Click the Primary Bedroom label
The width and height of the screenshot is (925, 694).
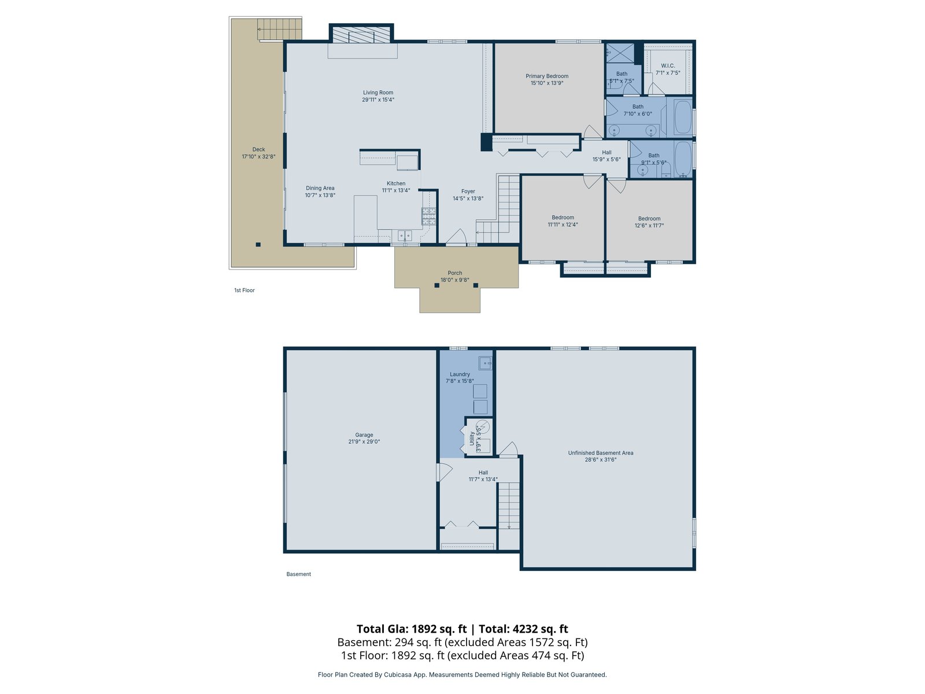click(546, 76)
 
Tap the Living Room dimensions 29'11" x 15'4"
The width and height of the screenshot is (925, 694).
click(378, 100)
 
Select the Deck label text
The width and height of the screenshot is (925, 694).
click(258, 150)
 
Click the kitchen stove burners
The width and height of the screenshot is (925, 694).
click(428, 216)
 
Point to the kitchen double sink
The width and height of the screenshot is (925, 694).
click(405, 235)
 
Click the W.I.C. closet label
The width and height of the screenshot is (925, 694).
click(668, 66)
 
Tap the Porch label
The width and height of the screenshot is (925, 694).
click(455, 273)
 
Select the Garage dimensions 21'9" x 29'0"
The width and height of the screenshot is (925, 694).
click(364, 442)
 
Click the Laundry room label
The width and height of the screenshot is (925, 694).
click(460, 374)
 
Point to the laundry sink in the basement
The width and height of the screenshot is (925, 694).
click(485, 363)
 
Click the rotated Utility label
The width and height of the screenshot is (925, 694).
click(472, 438)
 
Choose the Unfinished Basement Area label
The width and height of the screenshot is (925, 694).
click(600, 453)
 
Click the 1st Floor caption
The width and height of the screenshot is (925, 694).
click(245, 290)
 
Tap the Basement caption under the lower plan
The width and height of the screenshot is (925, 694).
click(298, 574)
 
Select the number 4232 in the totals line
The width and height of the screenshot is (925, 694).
click(525, 629)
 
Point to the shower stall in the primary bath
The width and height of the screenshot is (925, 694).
click(620, 53)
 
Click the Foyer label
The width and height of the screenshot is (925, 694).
click(468, 191)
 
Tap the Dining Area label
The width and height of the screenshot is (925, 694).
click(320, 189)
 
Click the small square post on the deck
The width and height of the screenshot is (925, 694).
click(258, 245)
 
